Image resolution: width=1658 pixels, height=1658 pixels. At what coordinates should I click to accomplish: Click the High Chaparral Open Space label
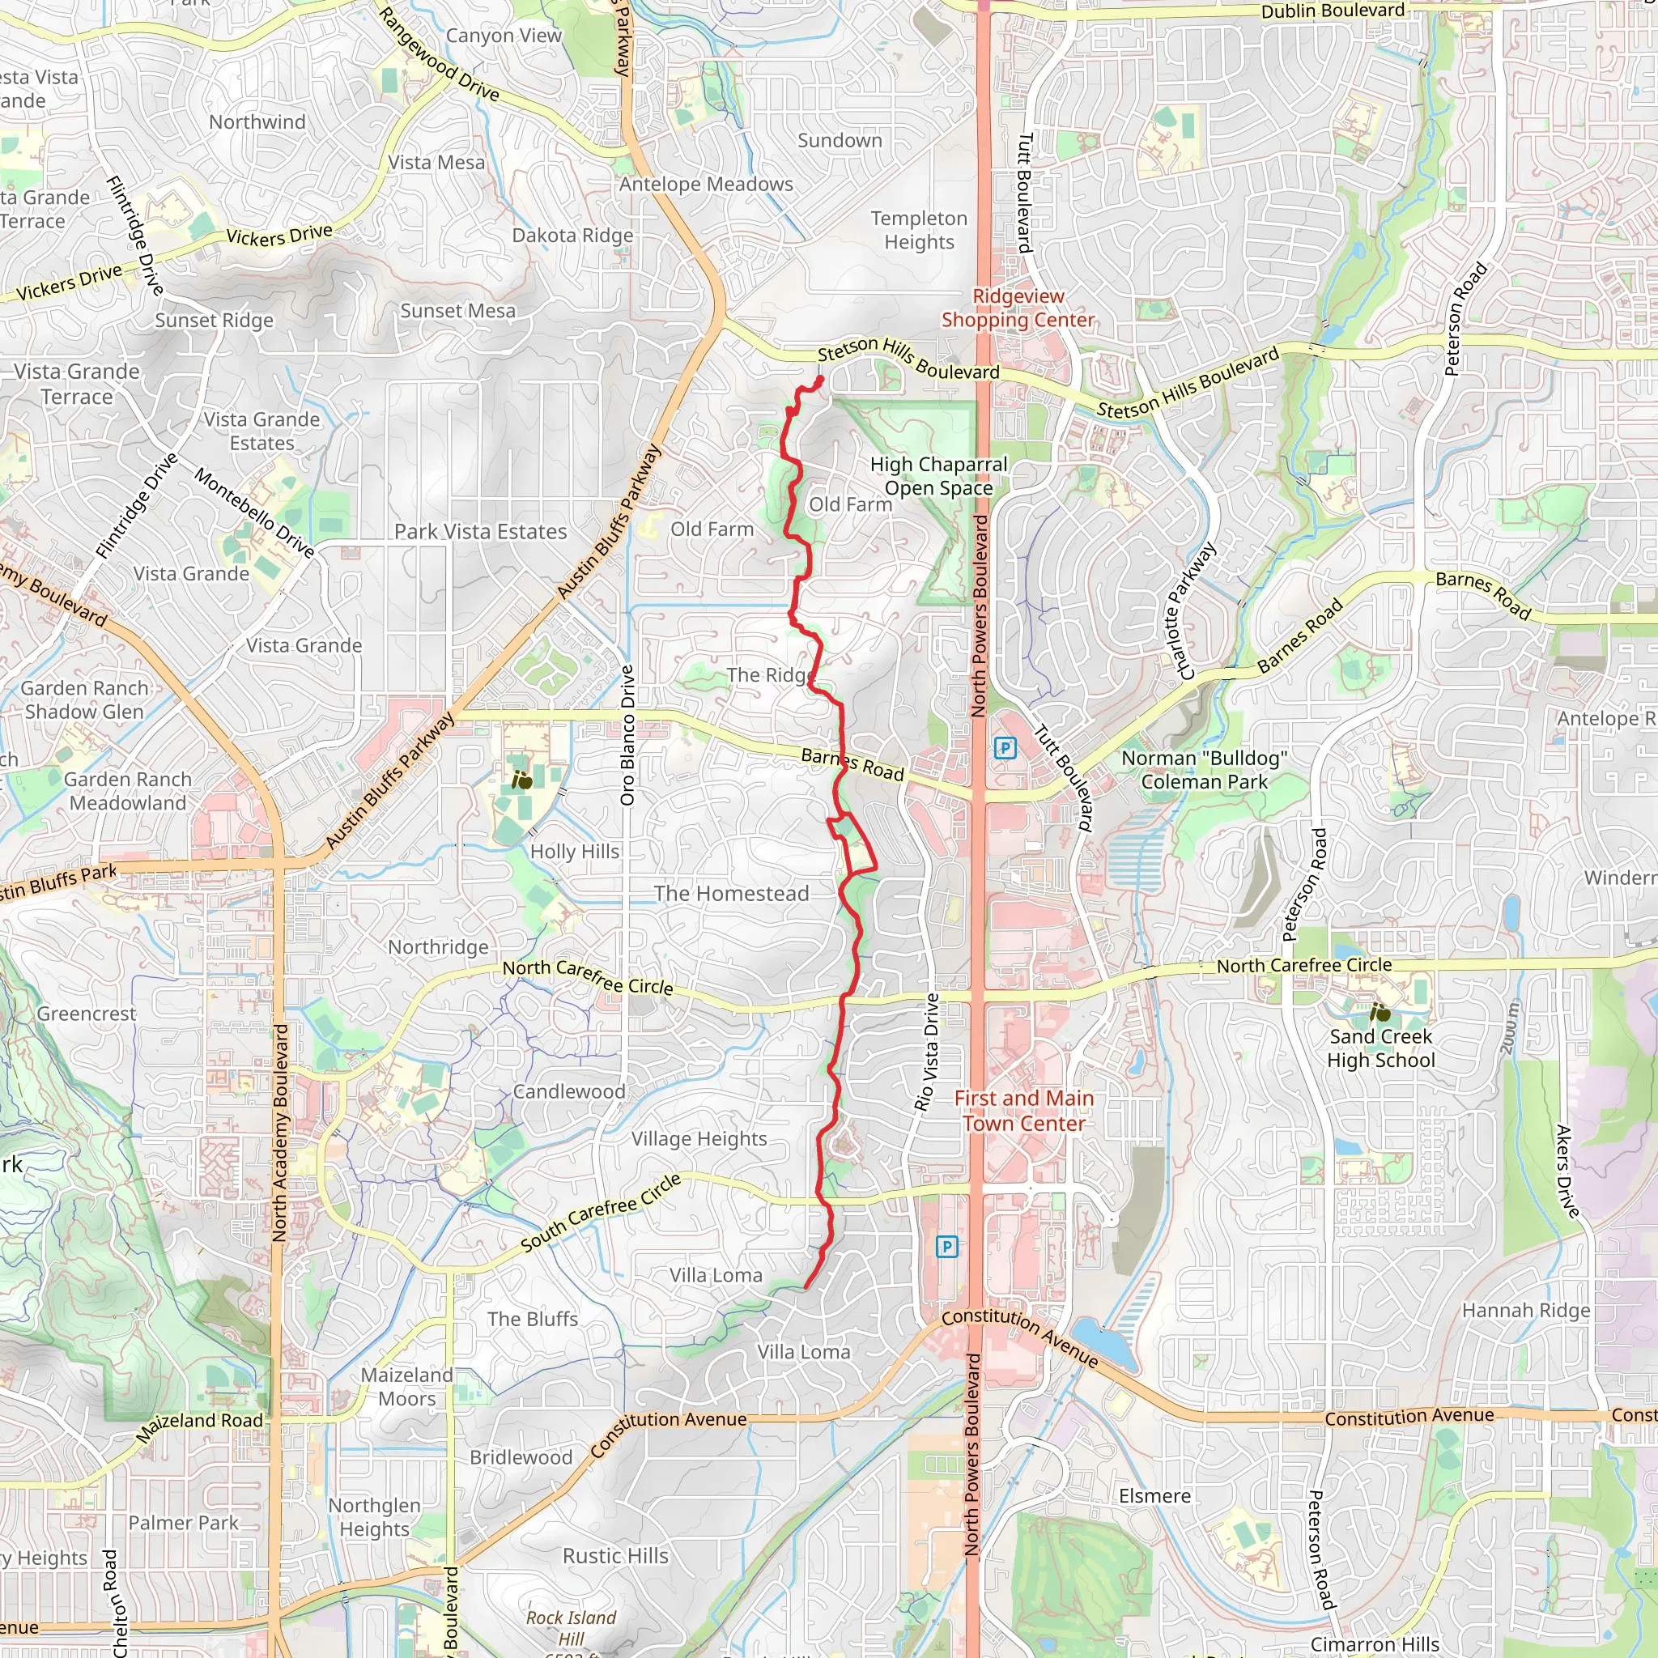[x=938, y=476]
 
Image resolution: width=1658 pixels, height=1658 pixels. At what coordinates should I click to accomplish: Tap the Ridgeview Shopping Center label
[x=1018, y=308]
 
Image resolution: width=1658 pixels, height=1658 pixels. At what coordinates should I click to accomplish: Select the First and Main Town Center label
[x=1024, y=1111]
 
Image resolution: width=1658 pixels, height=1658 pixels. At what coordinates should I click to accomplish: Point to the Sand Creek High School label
[x=1381, y=1048]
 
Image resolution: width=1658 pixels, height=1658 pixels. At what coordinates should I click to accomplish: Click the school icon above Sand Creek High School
[x=1380, y=1014]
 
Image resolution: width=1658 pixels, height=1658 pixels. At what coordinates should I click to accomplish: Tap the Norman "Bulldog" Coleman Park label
[x=1204, y=770]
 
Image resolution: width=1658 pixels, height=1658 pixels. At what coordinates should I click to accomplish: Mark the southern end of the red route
[x=806, y=1287]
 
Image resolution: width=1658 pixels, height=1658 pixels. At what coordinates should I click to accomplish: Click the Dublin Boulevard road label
[x=1333, y=11]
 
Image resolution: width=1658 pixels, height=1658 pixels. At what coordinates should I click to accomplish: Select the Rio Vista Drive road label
[x=928, y=1053]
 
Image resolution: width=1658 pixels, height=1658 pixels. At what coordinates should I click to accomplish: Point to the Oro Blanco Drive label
[x=627, y=734]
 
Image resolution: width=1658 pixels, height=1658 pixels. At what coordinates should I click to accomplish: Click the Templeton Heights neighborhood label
[x=919, y=230]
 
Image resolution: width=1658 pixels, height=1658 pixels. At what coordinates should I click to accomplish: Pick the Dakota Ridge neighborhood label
[x=572, y=235]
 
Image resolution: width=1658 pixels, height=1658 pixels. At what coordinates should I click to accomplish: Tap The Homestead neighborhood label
[x=731, y=894]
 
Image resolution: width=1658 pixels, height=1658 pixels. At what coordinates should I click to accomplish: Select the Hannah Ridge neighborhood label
[x=1526, y=1311]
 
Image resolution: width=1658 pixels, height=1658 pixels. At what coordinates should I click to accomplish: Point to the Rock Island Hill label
[x=572, y=1628]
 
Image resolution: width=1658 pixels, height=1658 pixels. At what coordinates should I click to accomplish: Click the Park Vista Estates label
[x=481, y=532]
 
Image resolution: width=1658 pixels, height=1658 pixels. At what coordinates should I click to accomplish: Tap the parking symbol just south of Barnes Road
[x=1005, y=748]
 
